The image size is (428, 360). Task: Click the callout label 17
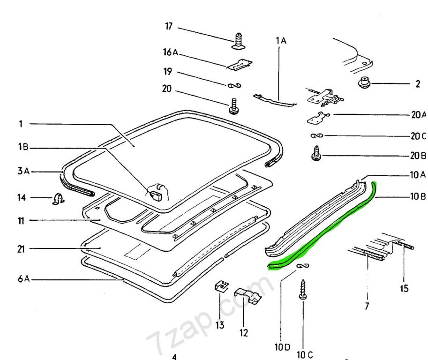pyautogui.click(x=168, y=27)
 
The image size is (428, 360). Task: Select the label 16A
pyautogui.click(x=171, y=53)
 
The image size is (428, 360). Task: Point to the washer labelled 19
pyautogui.click(x=234, y=85)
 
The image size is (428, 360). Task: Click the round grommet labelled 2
pyautogui.click(x=364, y=84)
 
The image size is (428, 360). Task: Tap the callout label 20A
pyautogui.click(x=417, y=115)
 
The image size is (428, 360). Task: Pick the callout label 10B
pyautogui.click(x=417, y=196)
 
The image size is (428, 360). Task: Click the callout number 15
pyautogui.click(x=404, y=289)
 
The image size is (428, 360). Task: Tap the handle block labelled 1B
pyautogui.click(x=156, y=192)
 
